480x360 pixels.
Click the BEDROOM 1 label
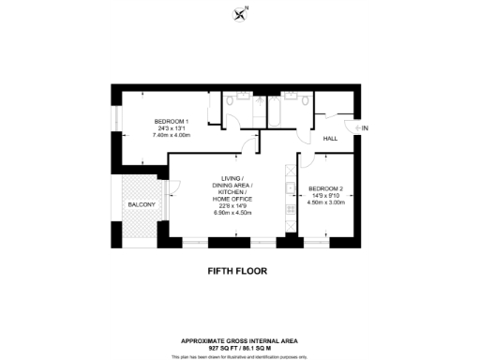pyautogui.click(x=172, y=121)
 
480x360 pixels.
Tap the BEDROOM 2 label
pyautogui.click(x=327, y=188)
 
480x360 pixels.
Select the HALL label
pyautogui.click(x=330, y=139)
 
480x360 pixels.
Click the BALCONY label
pyautogui.click(x=142, y=204)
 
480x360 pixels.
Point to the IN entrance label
pyautogui.click(x=365, y=127)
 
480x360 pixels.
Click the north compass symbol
pyautogui.click(x=240, y=12)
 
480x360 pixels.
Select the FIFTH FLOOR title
pyautogui.click(x=239, y=271)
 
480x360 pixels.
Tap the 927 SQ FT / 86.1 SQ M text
pyautogui.click(x=239, y=348)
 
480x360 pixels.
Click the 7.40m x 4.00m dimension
pyautogui.click(x=172, y=135)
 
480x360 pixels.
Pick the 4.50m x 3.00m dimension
pyautogui.click(x=327, y=202)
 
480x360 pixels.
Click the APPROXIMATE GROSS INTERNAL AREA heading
pyautogui.click(x=239, y=340)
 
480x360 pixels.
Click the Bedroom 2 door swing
pyautogui.click(x=305, y=162)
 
